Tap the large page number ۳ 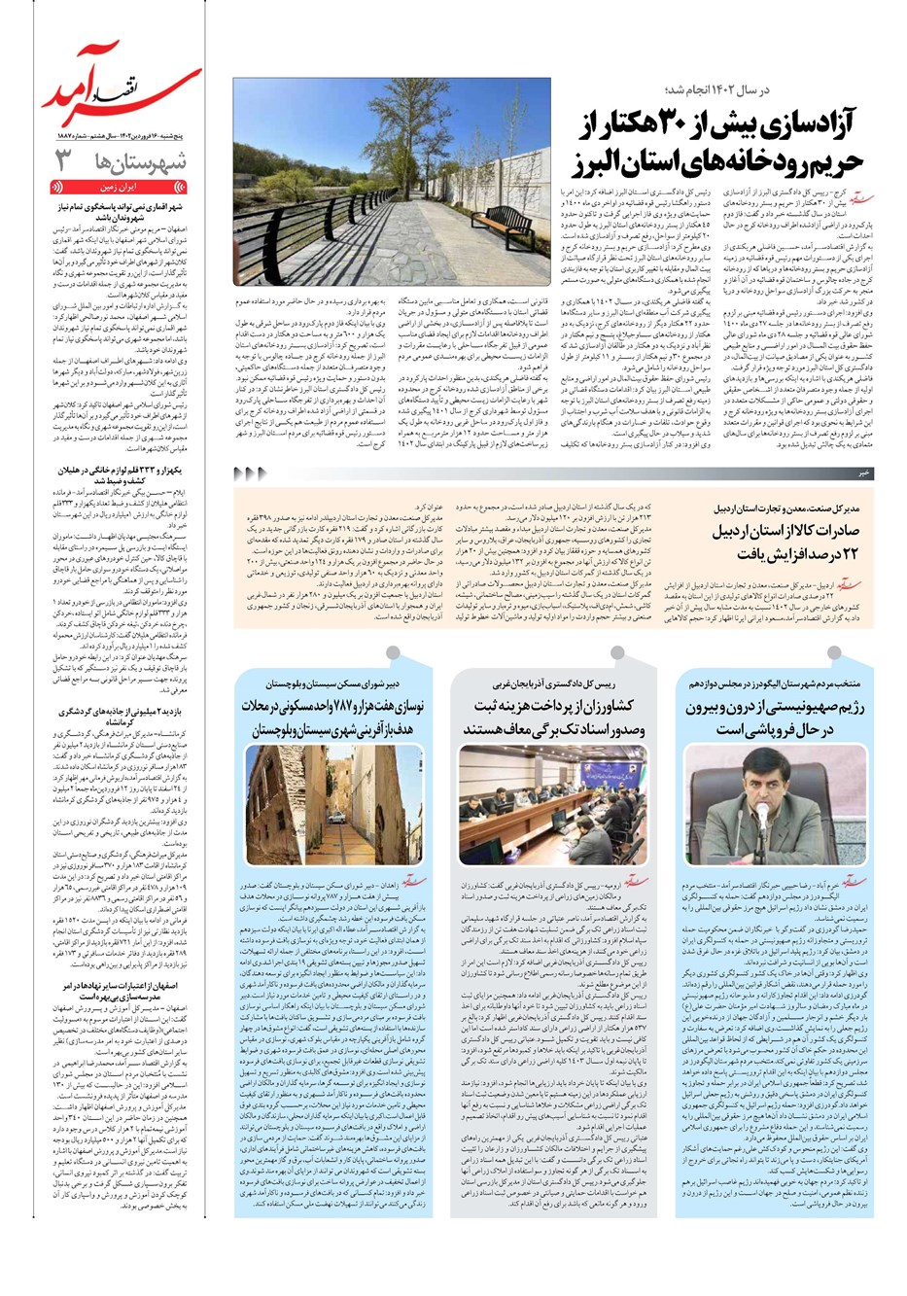click(64, 160)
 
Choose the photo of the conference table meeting click(552, 789)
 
